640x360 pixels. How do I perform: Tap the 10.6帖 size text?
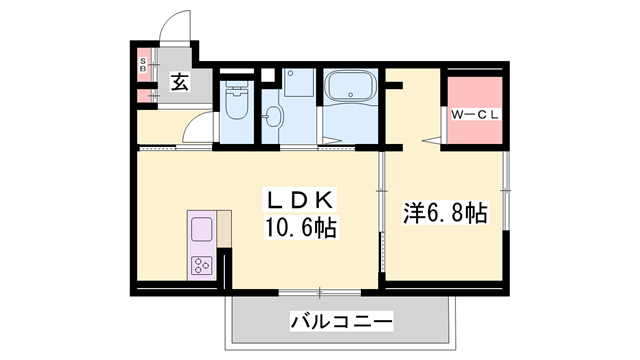299,228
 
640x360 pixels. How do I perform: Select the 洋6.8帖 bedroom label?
445,213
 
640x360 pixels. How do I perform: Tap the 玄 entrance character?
178,84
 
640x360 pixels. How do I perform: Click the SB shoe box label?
144,67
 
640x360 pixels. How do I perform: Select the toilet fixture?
237,102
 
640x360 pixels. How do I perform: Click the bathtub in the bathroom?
349,87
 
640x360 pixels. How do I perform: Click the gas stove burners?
201,265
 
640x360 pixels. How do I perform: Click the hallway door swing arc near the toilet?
201,128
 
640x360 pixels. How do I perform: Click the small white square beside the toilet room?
266,75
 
